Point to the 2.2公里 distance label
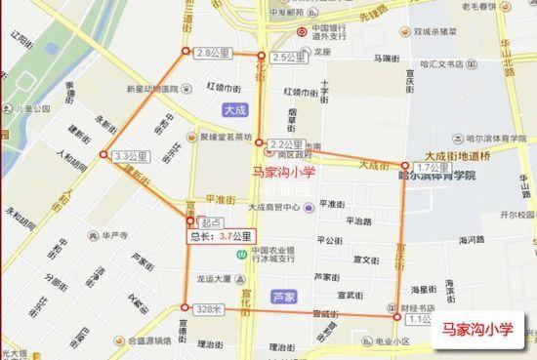[x=284, y=143]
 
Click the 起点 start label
[x=208, y=222]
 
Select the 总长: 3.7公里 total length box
[x=220, y=235]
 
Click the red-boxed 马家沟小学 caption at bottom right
[x=477, y=329]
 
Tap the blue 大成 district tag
[x=234, y=110]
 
